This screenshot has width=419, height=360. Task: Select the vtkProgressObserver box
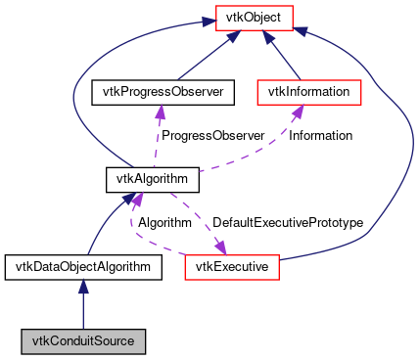159,93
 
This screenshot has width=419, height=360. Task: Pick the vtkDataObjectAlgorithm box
83,265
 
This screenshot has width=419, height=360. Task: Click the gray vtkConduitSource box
83,341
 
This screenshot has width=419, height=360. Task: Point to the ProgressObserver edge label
212,136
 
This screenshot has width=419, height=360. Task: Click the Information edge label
320,136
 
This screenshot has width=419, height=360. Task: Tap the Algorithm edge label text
163,222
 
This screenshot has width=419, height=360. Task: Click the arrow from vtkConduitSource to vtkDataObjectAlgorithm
83,303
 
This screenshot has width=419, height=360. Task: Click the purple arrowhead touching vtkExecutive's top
220,247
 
